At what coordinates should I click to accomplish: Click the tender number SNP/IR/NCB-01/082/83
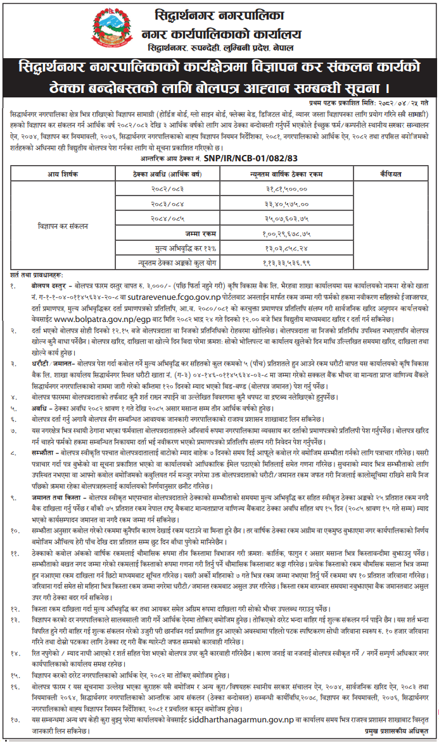[x=251, y=158]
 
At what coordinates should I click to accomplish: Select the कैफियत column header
[x=383, y=172]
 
